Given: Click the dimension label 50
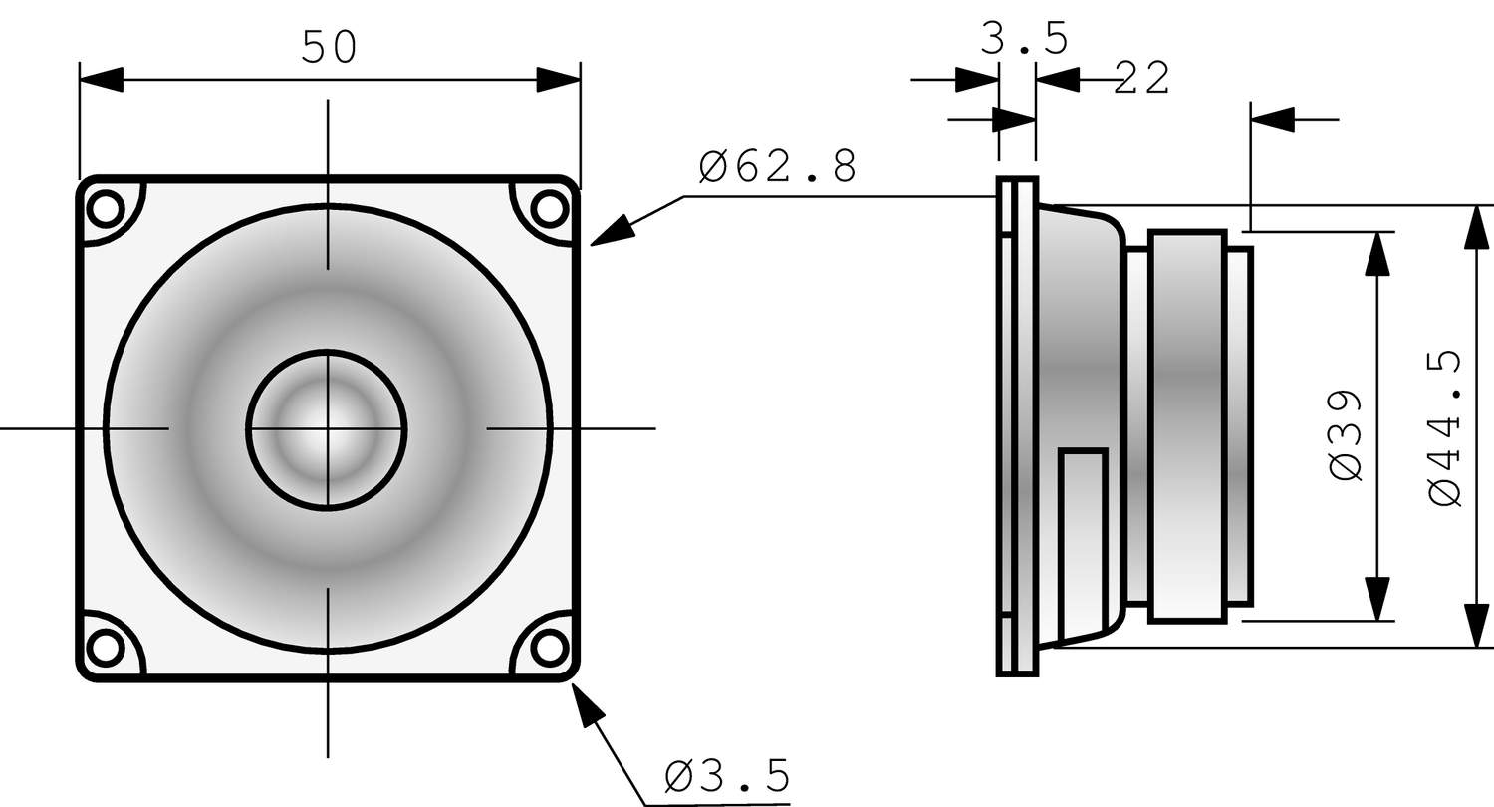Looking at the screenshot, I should tap(329, 47).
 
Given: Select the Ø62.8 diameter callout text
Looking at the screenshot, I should tap(778, 167).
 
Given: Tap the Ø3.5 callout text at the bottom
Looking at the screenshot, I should tap(727, 774).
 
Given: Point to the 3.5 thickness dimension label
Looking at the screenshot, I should tap(1025, 39).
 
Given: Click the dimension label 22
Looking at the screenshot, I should tap(1141, 78).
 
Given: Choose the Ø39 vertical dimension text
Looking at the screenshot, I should tap(1346, 434).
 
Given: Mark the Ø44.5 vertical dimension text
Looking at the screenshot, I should tap(1445, 428).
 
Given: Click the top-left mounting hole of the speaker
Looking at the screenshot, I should tap(103, 209).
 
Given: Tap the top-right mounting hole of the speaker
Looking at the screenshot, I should tap(548, 209).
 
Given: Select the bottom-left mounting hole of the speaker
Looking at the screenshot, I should tap(103, 648).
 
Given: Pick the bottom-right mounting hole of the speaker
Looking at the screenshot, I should tap(548, 648).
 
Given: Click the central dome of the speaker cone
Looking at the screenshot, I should tap(327, 429).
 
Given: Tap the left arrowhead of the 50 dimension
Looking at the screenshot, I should tap(101, 80).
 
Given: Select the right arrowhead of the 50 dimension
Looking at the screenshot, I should tap(559, 80).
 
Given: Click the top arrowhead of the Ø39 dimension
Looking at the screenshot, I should tap(1377, 254).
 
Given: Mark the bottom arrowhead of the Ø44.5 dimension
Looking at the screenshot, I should tap(1478, 625).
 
